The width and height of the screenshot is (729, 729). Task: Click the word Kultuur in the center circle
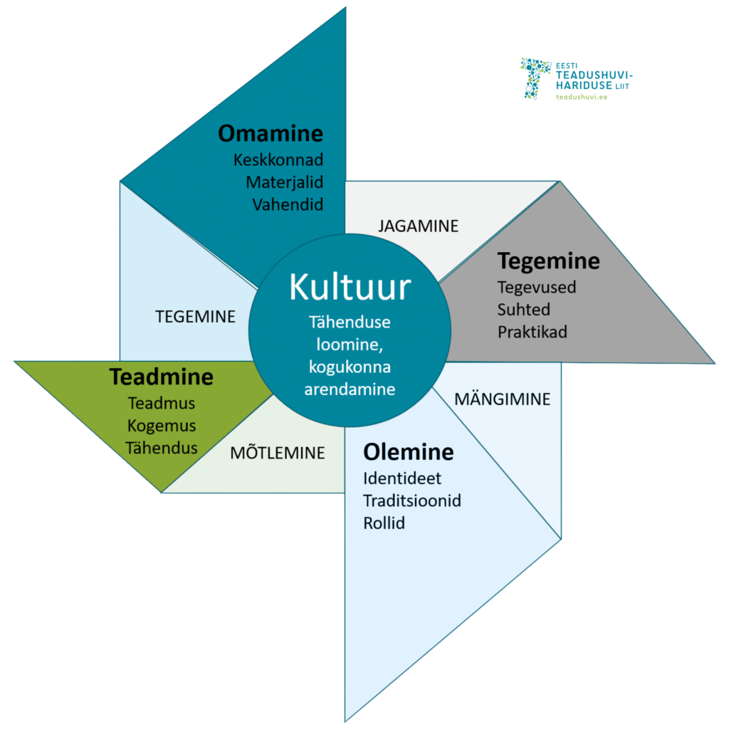click(x=350, y=288)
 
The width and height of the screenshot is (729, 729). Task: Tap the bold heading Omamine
click(x=271, y=134)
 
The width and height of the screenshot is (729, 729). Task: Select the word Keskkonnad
click(x=278, y=159)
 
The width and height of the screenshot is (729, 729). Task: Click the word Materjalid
click(x=284, y=182)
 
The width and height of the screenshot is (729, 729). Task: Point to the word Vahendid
click(x=288, y=204)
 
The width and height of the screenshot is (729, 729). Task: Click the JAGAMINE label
click(x=419, y=226)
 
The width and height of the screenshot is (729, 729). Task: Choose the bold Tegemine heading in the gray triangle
click(x=549, y=261)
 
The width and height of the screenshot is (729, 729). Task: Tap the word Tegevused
click(x=537, y=288)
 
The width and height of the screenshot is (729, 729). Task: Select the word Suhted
click(x=524, y=310)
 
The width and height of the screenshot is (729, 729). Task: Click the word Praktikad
click(x=533, y=332)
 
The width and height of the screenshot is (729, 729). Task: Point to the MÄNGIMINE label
click(x=502, y=399)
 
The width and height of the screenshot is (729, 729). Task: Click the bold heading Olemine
click(x=408, y=452)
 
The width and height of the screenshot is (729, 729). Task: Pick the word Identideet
click(x=402, y=478)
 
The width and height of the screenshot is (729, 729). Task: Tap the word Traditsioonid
click(x=412, y=500)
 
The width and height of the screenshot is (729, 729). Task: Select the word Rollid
click(x=384, y=523)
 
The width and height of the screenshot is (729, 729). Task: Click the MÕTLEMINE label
click(x=277, y=453)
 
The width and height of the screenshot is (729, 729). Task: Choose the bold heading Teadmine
click(x=161, y=377)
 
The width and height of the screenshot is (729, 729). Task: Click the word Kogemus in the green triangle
click(x=162, y=426)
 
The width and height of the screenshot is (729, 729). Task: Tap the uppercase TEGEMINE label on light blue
click(x=195, y=318)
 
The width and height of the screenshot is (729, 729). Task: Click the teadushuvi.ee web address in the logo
click(x=581, y=96)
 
